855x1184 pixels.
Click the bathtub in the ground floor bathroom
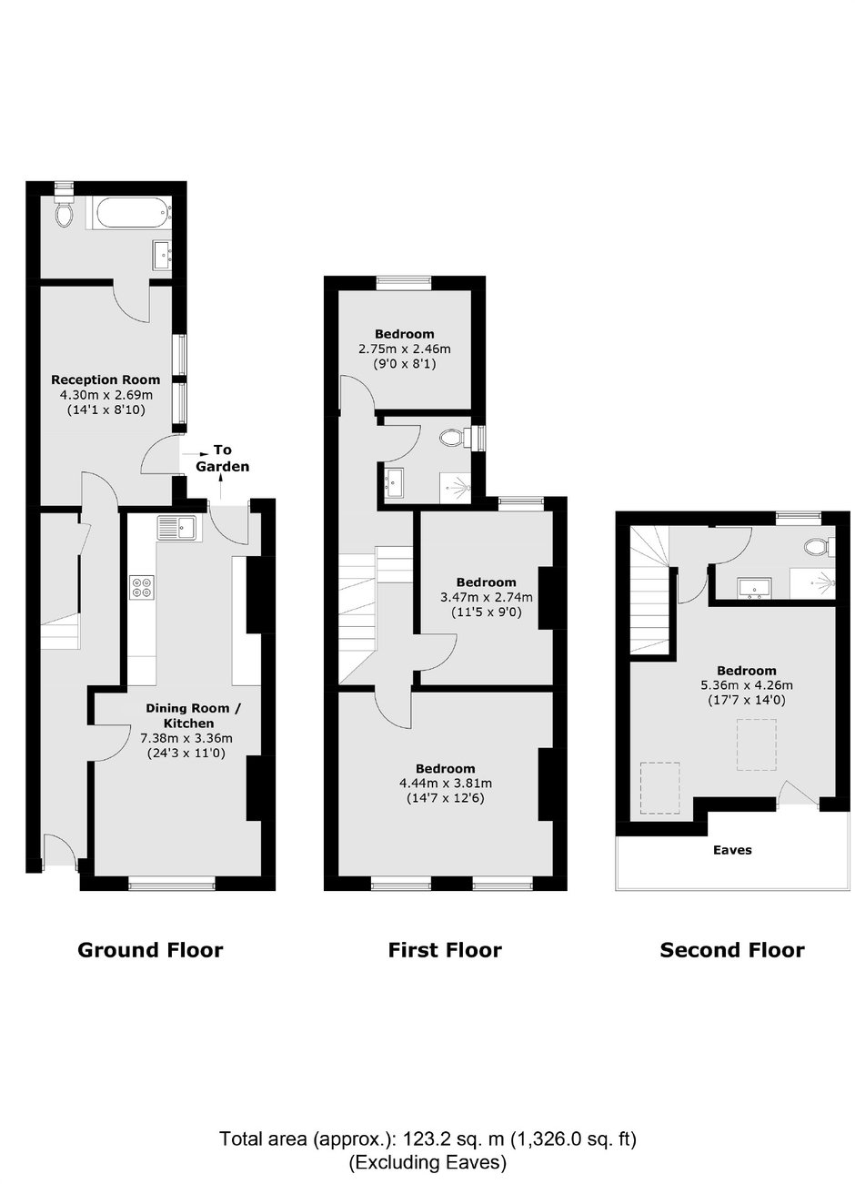[x=126, y=214]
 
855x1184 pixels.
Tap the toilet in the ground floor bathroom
[x=64, y=213]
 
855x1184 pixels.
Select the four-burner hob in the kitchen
[x=142, y=587]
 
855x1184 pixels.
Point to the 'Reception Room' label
[x=106, y=379]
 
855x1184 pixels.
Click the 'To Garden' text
[x=222, y=458]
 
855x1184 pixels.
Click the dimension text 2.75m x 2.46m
[x=405, y=349]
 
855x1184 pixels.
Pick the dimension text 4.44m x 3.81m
[x=445, y=784]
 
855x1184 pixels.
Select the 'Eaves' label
[x=732, y=850]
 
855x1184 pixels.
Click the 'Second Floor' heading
[x=731, y=951]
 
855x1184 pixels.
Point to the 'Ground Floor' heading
[x=150, y=950]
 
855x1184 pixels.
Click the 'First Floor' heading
[x=445, y=950]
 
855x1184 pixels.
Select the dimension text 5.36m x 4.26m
[x=746, y=686]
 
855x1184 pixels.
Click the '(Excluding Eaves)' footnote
[x=427, y=1162]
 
